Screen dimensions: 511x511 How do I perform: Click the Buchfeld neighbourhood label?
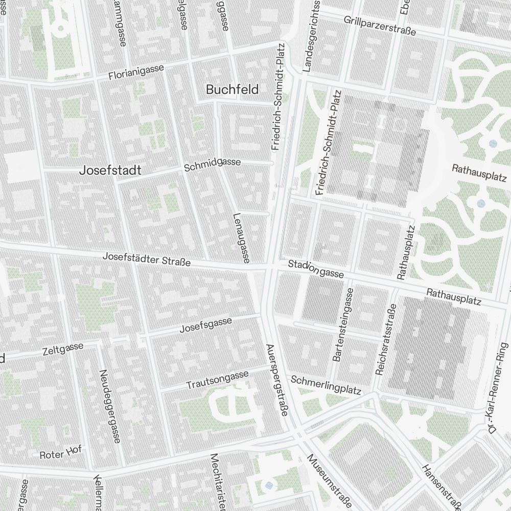click(232, 89)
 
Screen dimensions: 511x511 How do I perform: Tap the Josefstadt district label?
click(110, 171)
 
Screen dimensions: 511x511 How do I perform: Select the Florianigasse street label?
click(136, 72)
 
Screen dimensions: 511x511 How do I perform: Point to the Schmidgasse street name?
click(212, 165)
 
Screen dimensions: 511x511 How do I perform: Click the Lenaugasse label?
click(241, 238)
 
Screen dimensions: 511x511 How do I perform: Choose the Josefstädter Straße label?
click(147, 259)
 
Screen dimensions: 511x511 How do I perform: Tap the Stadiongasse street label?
click(315, 269)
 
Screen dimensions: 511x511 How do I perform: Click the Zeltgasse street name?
click(63, 349)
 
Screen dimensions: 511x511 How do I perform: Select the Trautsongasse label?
click(217, 379)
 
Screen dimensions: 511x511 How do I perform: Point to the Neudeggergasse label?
click(109, 406)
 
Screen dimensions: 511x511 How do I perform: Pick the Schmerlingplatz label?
click(326, 385)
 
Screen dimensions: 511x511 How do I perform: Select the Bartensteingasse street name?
click(343, 324)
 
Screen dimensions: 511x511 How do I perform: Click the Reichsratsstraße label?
click(386, 340)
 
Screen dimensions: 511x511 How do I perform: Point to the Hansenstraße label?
click(442, 488)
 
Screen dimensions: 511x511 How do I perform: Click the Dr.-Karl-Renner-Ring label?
click(499, 388)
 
